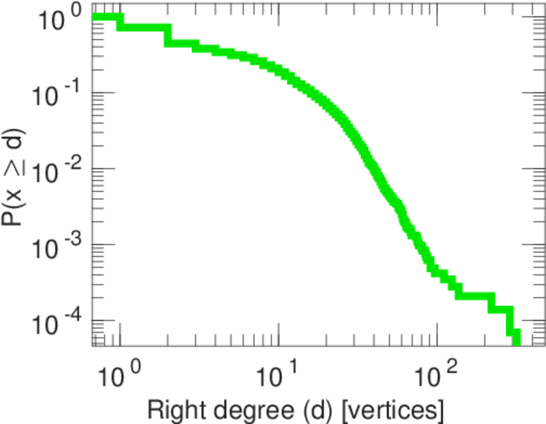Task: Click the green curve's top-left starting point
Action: click(x=95, y=17)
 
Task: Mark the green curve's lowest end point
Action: click(x=516, y=342)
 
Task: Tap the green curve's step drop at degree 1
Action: click(x=120, y=22)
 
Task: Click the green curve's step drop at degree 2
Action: click(x=168, y=35)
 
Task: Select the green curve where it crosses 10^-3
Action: click(x=420, y=245)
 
